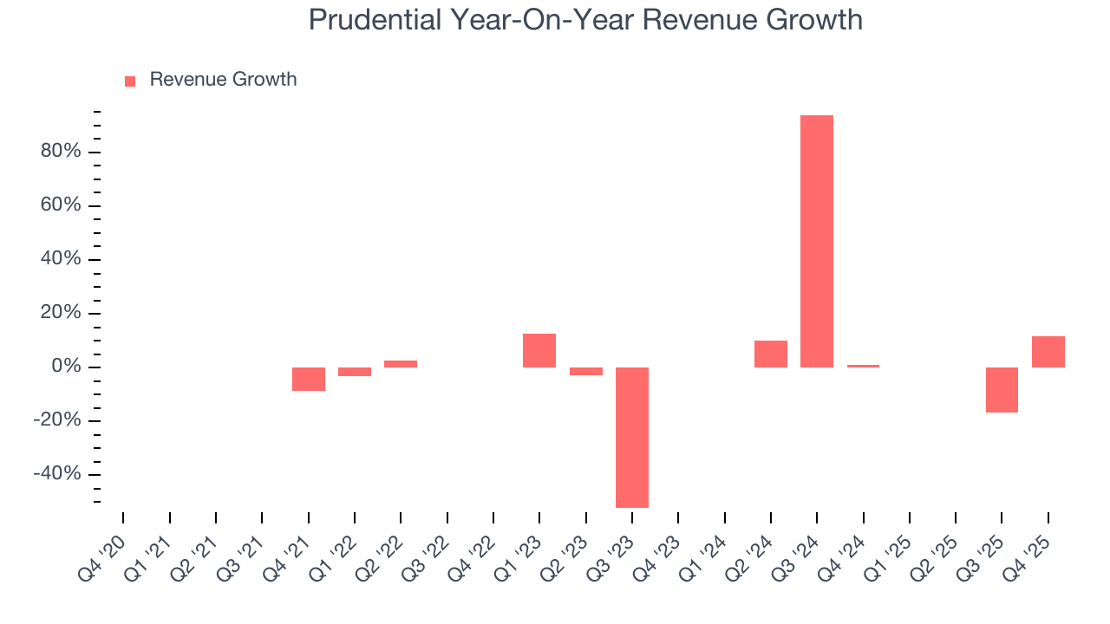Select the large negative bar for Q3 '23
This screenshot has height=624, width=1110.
631,437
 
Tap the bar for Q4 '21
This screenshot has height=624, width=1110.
308,379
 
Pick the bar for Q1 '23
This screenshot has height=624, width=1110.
539,350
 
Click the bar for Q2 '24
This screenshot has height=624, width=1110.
770,354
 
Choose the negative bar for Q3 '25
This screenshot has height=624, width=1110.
1002,389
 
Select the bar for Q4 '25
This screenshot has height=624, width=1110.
1048,352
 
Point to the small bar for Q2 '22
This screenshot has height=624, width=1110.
401,364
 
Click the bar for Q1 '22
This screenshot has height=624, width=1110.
354,372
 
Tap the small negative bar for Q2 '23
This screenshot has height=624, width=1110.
585,371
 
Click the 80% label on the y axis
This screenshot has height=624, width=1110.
60,152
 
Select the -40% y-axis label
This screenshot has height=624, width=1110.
57,474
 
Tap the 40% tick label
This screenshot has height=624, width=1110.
60,259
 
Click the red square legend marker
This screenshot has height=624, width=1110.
130,81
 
